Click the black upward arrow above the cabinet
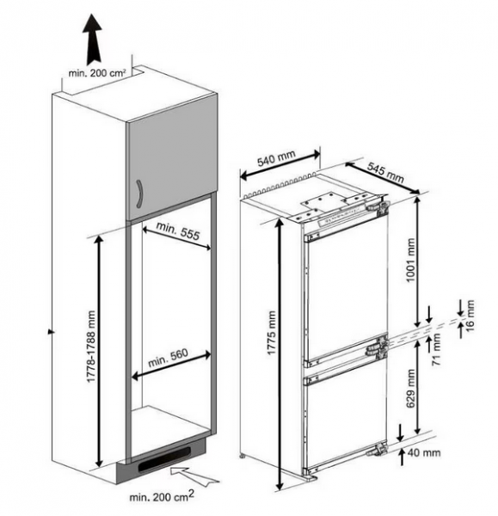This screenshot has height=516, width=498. pos(89,36)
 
